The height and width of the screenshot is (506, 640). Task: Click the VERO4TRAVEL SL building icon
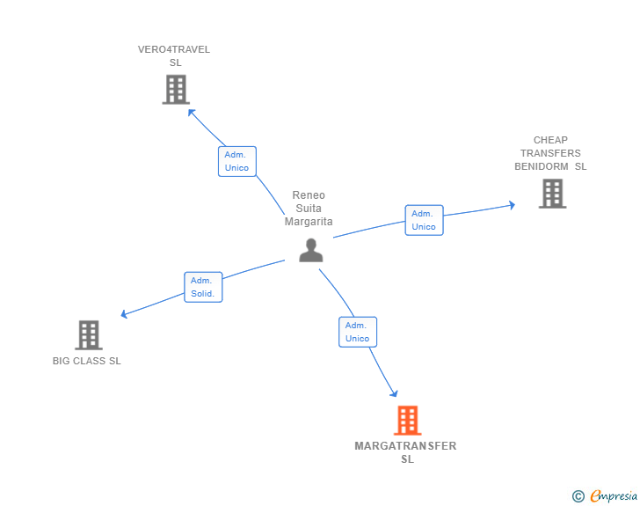pos(176,89)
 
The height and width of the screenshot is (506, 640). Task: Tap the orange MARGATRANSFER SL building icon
pos(407,420)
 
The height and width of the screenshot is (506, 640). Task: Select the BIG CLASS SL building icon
pos(89,335)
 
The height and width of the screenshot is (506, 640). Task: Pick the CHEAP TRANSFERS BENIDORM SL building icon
pos(552,194)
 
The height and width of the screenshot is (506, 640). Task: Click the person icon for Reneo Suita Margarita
pos(311,250)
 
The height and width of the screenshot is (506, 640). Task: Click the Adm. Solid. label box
pos(203,287)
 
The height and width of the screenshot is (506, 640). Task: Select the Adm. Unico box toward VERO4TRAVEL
pos(237,161)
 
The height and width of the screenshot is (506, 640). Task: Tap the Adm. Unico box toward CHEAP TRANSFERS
pos(424,220)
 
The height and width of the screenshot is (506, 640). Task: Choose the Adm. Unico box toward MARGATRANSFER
pos(358,332)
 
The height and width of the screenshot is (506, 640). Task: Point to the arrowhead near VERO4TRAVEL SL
pos(191,113)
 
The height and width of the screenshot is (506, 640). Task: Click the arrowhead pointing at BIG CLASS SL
pos(125,314)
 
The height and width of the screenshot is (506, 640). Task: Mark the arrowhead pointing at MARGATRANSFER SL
pos(394,393)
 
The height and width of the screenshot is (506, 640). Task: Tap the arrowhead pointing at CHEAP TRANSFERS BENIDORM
pos(512,205)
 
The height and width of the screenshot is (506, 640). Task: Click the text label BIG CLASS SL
pos(86,361)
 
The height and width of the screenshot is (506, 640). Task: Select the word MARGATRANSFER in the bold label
pos(405,446)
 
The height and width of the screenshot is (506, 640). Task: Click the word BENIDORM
pos(542,166)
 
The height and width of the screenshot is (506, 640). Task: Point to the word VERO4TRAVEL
pos(174,49)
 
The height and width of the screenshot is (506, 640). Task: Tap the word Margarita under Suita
pos(309,222)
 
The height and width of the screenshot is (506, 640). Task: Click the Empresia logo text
pos(614,495)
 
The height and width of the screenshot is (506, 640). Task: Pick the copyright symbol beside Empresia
pos(578,496)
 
